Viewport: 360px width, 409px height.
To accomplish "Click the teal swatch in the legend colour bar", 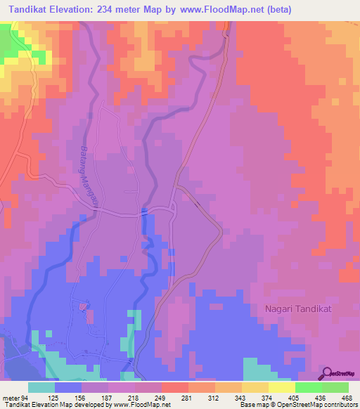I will click(x=41, y=388).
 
